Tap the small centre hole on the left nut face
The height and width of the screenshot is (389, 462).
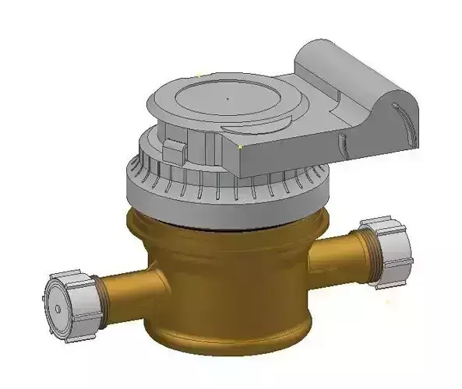58,309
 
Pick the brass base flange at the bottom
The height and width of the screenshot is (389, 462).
226,338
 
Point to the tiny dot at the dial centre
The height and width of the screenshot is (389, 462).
227,99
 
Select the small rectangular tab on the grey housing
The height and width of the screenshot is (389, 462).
175,149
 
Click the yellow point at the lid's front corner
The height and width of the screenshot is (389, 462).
241,145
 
